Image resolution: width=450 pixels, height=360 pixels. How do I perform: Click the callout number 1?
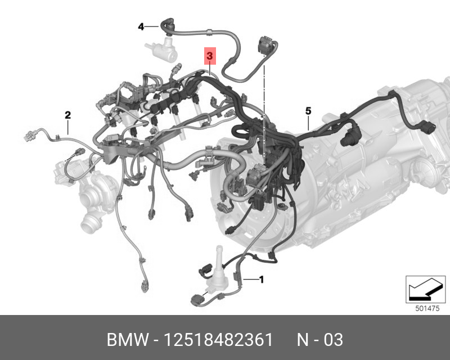coord(260,278)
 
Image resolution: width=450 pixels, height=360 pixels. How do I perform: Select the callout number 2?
coord(67,116)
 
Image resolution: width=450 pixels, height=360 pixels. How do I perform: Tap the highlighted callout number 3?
coord(209,56)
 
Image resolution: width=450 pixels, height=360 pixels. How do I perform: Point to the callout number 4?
coord(141,26)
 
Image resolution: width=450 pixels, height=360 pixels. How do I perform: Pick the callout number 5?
coord(308,110)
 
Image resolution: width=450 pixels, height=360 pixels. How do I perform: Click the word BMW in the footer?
coord(127,340)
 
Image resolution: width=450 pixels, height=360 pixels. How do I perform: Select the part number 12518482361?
coord(218,340)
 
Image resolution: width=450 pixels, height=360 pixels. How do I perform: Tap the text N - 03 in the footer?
coord(319,340)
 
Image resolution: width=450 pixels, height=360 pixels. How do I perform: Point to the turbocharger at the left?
coord(90,197)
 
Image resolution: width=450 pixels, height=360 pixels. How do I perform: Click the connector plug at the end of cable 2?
coord(29,136)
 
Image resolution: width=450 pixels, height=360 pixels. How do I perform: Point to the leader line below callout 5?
coord(309,124)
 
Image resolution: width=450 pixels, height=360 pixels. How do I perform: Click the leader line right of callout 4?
coord(152,26)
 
